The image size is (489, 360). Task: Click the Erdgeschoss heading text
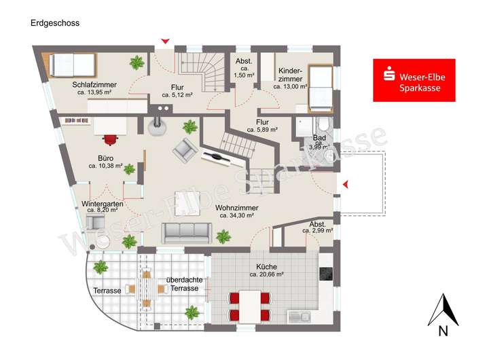pyautogui.click(x=55, y=22)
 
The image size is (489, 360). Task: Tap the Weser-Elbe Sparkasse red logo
pyautogui.click(x=414, y=80)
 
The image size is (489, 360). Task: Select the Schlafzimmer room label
pyautogui.click(x=94, y=84)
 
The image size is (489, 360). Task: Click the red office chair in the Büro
pyautogui.click(x=110, y=139)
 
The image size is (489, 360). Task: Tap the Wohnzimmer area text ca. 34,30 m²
pyautogui.click(x=236, y=215)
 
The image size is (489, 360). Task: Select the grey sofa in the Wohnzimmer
pyautogui.click(x=186, y=232)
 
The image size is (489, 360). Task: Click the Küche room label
pyautogui.click(x=266, y=267)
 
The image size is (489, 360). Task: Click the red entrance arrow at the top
pyautogui.click(x=165, y=41)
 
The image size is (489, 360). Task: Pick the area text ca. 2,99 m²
pyautogui.click(x=318, y=231)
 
